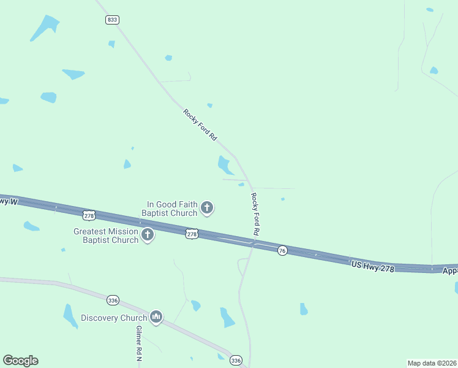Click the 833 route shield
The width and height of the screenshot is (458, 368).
pos(111,20)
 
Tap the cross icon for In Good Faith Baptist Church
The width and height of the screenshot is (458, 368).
pos(207,208)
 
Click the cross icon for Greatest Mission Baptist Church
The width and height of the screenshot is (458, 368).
pos(148,235)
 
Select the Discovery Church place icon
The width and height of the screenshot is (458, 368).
pos(156,317)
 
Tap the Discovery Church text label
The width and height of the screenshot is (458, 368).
pos(114,318)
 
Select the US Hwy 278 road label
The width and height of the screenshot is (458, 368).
pos(373,266)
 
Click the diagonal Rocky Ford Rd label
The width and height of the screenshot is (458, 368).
pos(200,125)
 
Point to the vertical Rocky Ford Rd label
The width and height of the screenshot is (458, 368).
pos(255,215)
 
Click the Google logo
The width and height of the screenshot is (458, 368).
pos(20,361)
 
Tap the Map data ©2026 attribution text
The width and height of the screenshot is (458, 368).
pos(432,362)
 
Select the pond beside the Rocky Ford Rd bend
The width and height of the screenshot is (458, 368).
pos(224,164)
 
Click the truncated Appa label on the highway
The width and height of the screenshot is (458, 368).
pos(450,270)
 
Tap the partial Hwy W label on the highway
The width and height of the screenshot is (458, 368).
pos(7,201)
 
